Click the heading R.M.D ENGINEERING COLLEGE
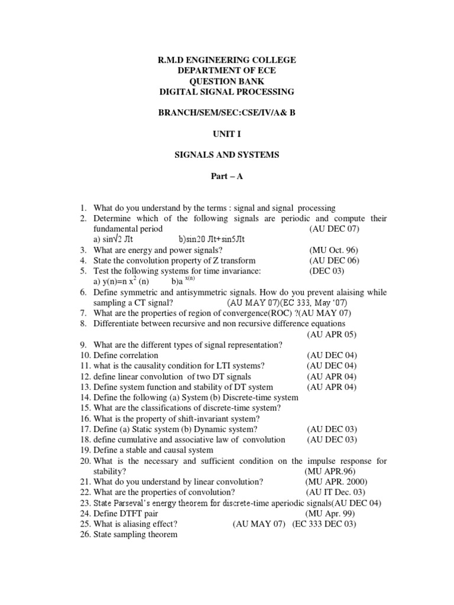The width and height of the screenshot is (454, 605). click(227, 60)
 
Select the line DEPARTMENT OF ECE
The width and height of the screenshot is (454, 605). click(227, 71)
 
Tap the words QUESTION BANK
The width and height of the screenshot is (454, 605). click(227, 82)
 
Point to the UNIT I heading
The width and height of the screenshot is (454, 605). click(227, 134)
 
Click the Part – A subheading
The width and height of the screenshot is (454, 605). click(227, 176)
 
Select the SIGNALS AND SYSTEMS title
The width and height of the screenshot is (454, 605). click(227, 155)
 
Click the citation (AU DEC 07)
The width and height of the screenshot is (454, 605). click(334, 229)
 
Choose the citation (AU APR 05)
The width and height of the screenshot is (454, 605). click(332, 334)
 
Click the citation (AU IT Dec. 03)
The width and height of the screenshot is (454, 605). click(336, 492)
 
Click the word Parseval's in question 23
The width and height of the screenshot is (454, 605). click(136, 503)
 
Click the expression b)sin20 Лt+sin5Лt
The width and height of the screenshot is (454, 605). click(211, 239)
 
